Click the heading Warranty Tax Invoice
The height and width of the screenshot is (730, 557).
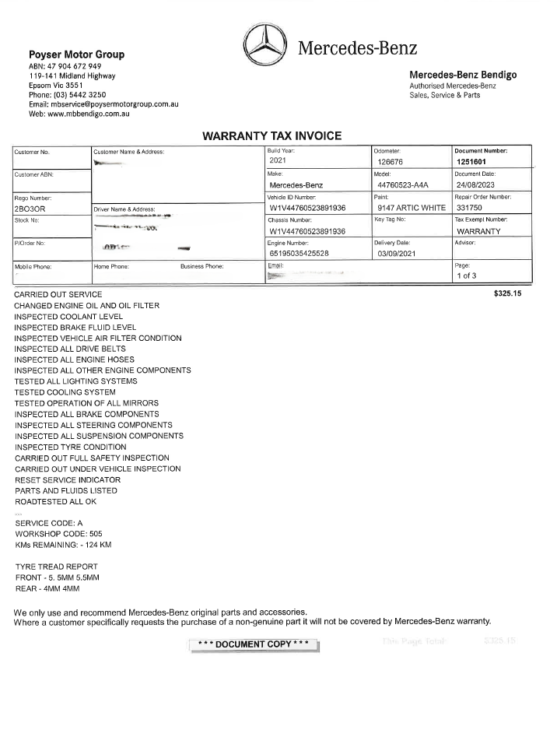click(x=271, y=135)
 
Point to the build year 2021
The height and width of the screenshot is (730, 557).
click(x=278, y=160)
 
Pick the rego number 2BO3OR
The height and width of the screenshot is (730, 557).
click(x=31, y=209)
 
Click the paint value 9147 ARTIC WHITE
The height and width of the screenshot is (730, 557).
click(x=411, y=209)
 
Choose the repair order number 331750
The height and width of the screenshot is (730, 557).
click(x=470, y=209)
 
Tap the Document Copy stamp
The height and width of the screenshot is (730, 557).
click(x=254, y=644)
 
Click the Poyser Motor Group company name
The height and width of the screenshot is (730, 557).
click(x=76, y=54)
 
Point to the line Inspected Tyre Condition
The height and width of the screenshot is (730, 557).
click(x=70, y=447)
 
